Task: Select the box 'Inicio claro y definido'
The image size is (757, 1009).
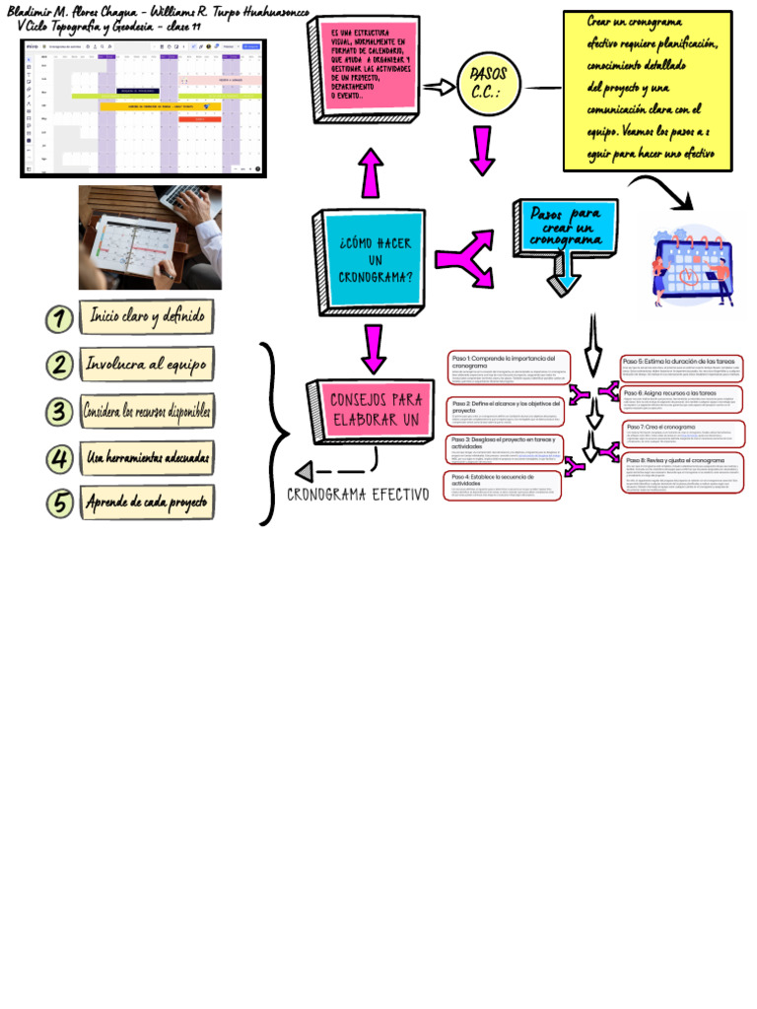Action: [x=148, y=317]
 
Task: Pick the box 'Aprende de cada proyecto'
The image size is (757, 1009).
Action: [x=147, y=503]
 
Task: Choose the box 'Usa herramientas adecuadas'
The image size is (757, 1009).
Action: [x=147, y=457]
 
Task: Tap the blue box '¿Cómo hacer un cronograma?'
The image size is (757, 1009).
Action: [x=376, y=258]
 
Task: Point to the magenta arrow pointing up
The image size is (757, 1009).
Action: [x=371, y=173]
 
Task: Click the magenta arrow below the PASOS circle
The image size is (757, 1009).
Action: [x=482, y=150]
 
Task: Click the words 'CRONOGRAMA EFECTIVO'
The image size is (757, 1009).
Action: [x=359, y=494]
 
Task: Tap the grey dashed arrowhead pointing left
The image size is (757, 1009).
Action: [x=305, y=471]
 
